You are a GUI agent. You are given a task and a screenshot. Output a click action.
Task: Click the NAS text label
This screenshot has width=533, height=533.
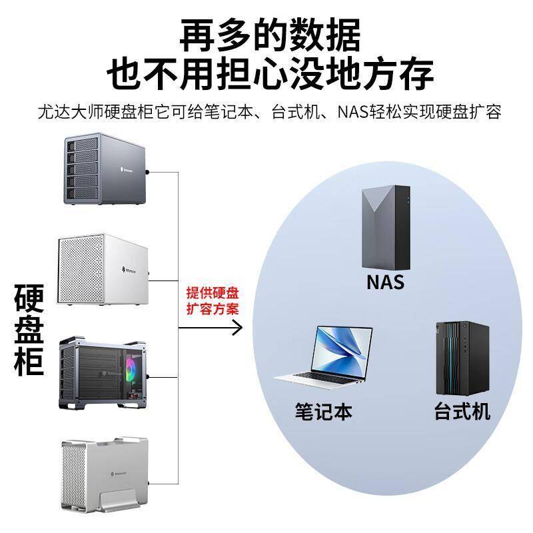click(x=385, y=281)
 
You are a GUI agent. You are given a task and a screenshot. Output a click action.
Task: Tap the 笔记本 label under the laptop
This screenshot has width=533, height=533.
click(x=323, y=411)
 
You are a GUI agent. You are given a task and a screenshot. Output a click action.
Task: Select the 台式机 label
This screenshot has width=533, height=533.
click(x=462, y=411)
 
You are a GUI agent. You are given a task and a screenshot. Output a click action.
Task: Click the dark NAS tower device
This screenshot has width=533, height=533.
click(x=386, y=227)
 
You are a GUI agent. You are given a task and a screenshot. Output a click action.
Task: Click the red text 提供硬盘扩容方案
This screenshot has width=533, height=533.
click(x=213, y=301)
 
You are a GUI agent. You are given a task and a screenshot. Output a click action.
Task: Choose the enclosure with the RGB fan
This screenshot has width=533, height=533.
click(x=107, y=373)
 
